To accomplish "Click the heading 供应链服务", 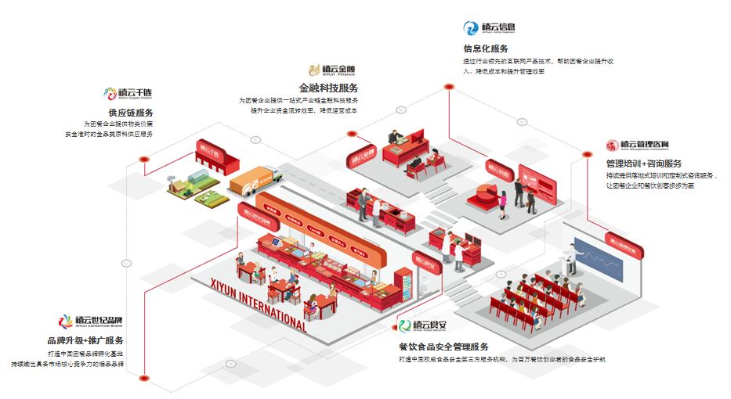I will tap(130, 113).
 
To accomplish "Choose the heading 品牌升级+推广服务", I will tap(85, 340).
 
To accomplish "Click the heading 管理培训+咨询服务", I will tap(643, 164).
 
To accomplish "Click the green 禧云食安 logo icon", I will tap(404, 325).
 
